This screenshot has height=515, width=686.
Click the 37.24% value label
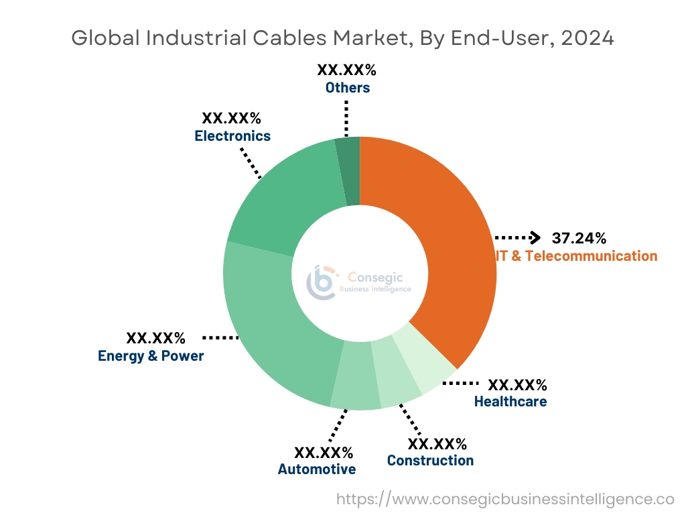click(579, 238)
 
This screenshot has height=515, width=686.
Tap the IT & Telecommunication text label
click(576, 255)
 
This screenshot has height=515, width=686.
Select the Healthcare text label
click(510, 402)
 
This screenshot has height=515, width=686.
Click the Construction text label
click(430, 461)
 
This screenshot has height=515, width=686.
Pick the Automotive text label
click(317, 469)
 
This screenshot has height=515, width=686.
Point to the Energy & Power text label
click(151, 356)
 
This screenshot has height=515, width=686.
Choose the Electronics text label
click(232, 136)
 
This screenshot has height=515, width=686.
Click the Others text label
click(347, 88)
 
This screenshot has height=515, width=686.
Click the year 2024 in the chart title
click(588, 38)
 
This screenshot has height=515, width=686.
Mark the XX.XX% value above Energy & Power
click(155, 337)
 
